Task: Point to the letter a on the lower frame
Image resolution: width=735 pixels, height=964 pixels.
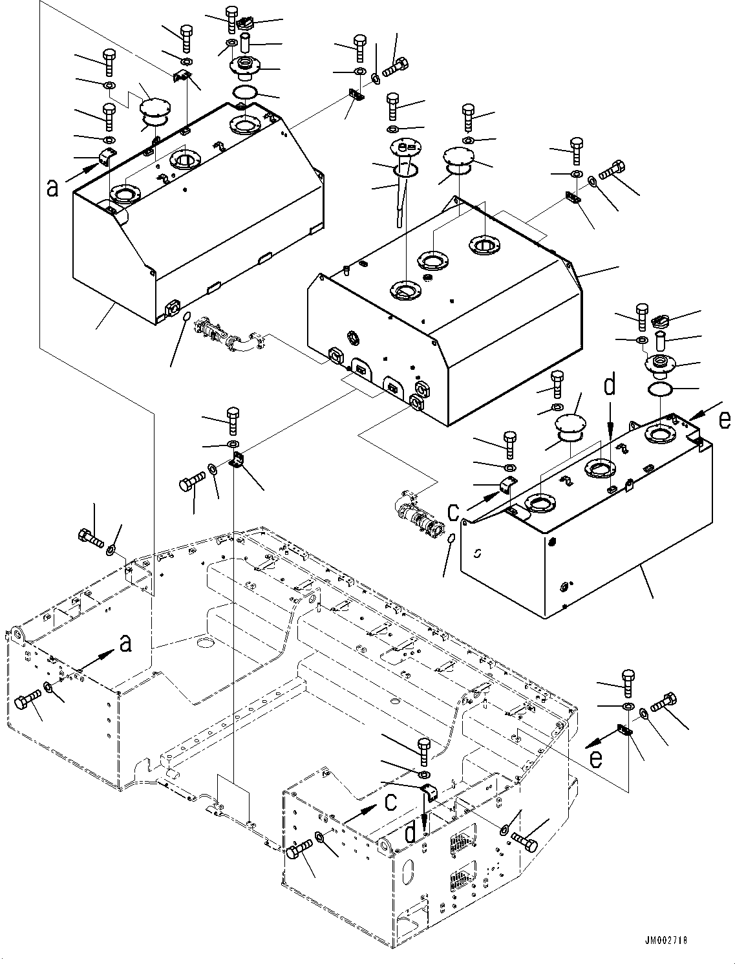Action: [126, 643]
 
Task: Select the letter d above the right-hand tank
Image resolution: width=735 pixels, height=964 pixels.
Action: [610, 387]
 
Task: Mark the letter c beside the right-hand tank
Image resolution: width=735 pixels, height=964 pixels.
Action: [454, 512]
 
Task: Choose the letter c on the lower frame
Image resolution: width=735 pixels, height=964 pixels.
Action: [390, 802]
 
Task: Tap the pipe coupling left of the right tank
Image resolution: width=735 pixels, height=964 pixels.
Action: [417, 514]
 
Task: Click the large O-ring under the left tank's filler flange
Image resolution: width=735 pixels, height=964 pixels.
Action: [244, 92]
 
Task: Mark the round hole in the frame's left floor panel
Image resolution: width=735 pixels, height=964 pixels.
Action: [206, 643]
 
